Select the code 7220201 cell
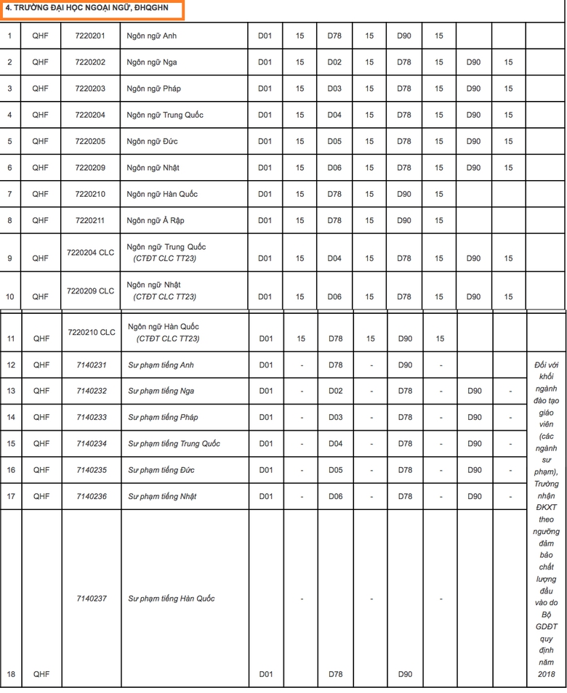point(90,36)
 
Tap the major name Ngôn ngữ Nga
point(152,62)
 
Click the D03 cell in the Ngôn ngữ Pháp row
point(334,89)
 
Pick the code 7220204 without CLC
point(90,115)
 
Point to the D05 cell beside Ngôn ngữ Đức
point(334,142)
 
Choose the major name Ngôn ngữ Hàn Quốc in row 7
point(162,194)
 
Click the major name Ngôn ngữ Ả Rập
point(156,220)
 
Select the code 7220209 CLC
point(90,291)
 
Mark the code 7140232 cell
point(91,391)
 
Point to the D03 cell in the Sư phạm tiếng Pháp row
point(335,417)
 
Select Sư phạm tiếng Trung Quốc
point(174,443)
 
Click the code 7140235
point(91,470)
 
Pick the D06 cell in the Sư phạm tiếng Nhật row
point(335,496)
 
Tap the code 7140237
point(91,599)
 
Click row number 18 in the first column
point(10,674)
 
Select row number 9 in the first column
point(10,258)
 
